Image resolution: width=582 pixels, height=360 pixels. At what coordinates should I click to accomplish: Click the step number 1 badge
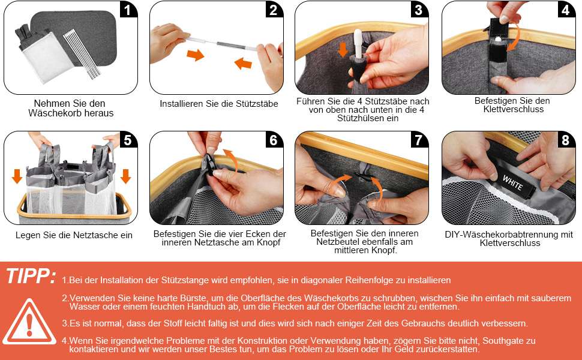click(x=128, y=10)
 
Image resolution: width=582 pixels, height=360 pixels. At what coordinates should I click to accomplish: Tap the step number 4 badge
click(x=566, y=10)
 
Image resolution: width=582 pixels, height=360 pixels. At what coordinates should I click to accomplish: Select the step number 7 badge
click(x=419, y=140)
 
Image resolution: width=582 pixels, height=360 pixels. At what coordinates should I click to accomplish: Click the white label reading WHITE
click(x=513, y=182)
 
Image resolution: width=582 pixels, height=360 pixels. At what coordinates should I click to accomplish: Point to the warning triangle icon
click(x=29, y=322)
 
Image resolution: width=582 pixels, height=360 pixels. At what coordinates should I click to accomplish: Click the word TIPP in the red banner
click(x=31, y=276)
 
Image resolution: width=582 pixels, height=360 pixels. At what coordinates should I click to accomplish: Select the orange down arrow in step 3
click(x=343, y=50)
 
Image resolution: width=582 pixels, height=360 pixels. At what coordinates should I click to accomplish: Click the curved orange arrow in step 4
click(x=515, y=37)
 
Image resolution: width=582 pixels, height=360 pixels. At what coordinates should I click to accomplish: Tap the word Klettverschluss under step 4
click(x=514, y=109)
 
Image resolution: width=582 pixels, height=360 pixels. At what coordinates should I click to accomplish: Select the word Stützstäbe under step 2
click(x=256, y=104)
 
